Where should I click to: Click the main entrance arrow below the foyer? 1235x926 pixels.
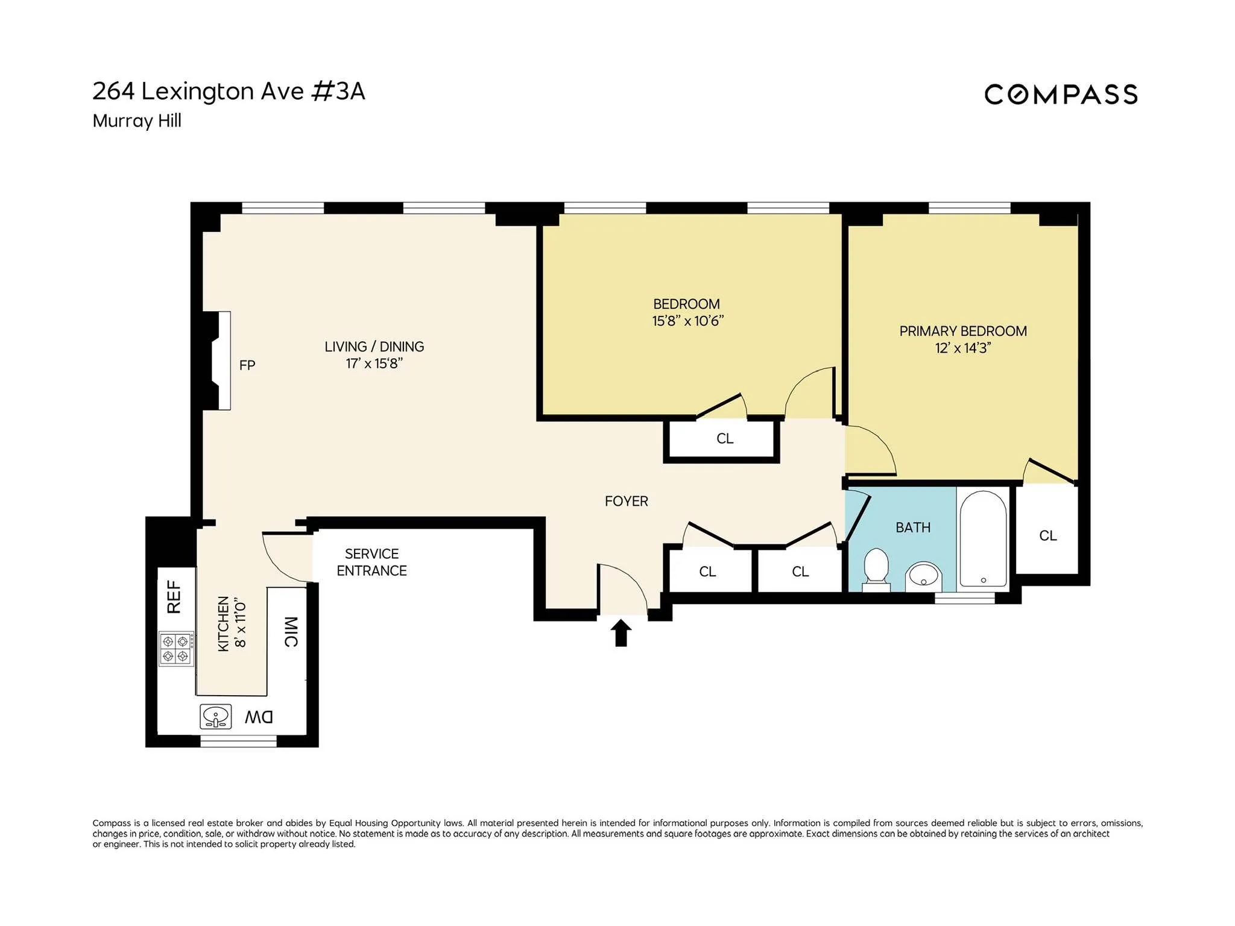click(621, 634)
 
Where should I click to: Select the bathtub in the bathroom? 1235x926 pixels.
click(983, 538)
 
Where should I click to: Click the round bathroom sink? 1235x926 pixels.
click(924, 576)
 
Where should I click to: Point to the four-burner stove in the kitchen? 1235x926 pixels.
click(176, 649)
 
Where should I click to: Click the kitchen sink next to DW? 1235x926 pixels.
click(216, 717)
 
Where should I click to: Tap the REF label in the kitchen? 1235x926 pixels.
click(174, 597)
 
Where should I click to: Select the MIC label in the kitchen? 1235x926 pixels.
click(291, 632)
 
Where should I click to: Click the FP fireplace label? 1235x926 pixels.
click(247, 365)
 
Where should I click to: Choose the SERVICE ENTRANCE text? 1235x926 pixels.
click(371, 562)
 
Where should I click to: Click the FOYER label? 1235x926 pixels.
click(626, 501)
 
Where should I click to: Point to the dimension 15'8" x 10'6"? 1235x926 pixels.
click(687, 321)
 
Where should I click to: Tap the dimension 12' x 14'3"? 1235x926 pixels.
click(962, 348)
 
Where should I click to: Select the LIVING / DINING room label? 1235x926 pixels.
click(374, 347)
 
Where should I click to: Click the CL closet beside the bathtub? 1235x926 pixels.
click(1047, 535)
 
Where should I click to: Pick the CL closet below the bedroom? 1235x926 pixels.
click(724, 439)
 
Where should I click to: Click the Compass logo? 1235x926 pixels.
click(1061, 95)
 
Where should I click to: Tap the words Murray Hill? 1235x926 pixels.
click(137, 121)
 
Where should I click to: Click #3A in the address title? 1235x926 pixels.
click(338, 92)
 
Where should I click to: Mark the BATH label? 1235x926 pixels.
click(912, 528)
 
